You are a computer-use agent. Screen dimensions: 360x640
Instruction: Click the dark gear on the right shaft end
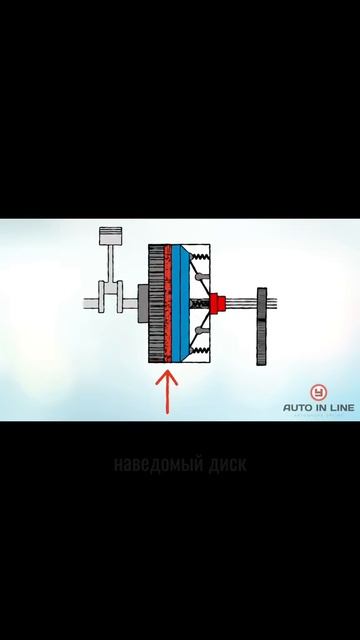[263, 325]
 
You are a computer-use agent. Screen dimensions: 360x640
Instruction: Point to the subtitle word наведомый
[153, 464]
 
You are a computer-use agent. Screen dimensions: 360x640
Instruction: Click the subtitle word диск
[223, 464]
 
